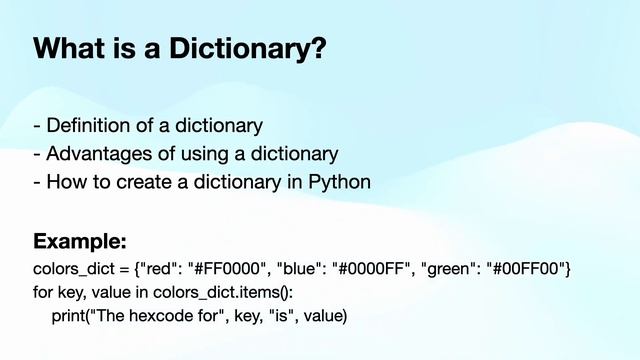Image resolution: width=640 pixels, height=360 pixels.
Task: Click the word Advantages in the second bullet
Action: coord(95,155)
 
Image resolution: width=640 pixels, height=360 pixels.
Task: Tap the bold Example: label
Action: coord(80,242)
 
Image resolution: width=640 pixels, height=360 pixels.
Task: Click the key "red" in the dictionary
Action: coord(156,270)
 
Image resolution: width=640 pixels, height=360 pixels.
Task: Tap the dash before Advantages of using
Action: coord(37,155)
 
